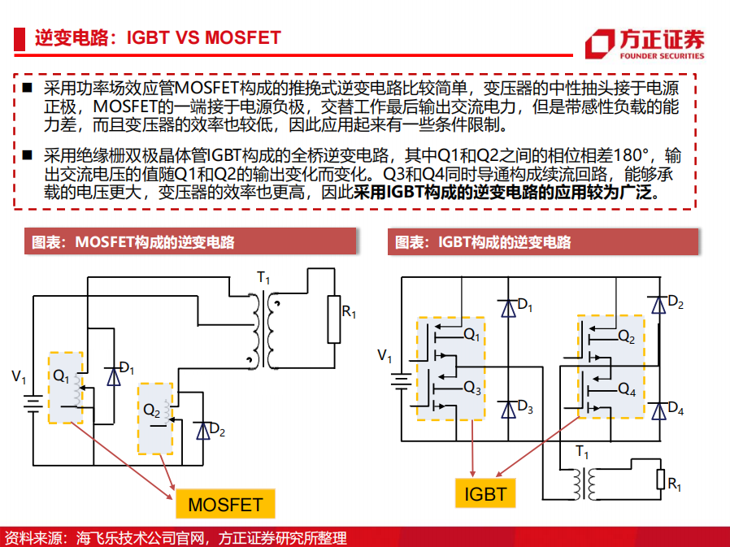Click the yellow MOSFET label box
[225, 504]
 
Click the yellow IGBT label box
[485, 493]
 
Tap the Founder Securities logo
[645, 44]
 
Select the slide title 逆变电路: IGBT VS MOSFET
[158, 37]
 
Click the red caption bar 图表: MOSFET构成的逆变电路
[190, 241]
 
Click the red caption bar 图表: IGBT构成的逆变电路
[543, 241]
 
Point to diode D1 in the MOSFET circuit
[114, 376]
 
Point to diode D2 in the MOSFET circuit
[203, 431]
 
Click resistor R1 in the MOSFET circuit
[334, 319]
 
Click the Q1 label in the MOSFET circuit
[61, 376]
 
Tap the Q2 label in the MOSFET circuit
[152, 410]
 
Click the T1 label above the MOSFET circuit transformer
[263, 279]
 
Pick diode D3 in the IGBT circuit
[508, 410]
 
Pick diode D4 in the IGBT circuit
[658, 411]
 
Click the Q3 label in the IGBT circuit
[472, 388]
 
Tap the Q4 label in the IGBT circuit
[627, 389]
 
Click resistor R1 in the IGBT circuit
[660, 480]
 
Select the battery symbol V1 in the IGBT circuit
[401, 382]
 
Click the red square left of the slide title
[19, 39]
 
